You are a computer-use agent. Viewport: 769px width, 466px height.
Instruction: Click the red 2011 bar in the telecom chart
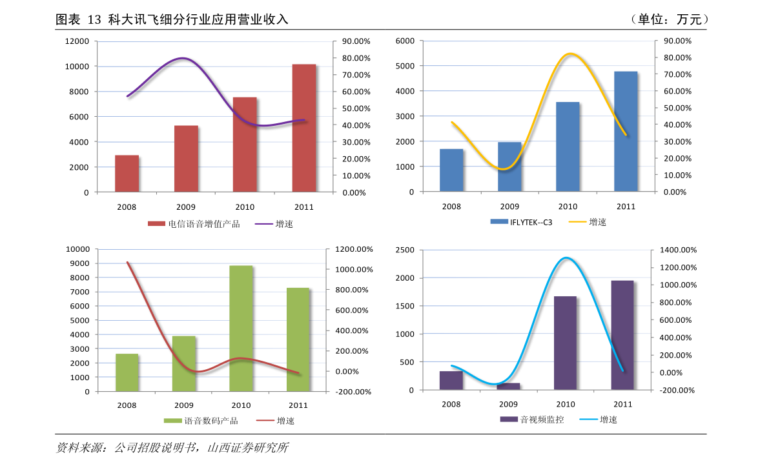(304, 128)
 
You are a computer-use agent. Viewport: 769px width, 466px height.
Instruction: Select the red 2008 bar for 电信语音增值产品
(127, 174)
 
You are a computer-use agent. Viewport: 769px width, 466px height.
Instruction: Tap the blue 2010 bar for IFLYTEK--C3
(568, 147)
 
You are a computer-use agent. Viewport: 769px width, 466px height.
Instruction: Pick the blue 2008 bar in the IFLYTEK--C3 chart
(451, 170)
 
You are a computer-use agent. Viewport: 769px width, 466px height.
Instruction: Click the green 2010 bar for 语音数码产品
(241, 329)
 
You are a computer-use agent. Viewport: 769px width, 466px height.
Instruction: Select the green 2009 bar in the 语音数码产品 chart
(184, 363)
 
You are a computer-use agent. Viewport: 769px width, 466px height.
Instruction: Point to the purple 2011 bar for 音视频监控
(622, 335)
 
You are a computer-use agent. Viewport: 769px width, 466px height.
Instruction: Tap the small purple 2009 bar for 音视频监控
(508, 387)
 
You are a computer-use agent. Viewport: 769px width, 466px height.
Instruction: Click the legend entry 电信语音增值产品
(194, 224)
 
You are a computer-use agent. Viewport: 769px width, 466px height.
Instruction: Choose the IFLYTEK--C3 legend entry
(521, 222)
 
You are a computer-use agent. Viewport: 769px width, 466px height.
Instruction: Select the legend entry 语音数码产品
(201, 421)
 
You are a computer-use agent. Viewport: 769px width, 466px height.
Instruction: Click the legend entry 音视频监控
(532, 420)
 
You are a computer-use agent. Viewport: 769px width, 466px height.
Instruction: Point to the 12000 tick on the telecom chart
(77, 41)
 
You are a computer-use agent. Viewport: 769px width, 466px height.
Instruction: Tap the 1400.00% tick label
(678, 250)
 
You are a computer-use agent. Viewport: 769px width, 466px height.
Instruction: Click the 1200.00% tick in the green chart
(354, 249)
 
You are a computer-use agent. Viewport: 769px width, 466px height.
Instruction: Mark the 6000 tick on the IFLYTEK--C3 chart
(405, 41)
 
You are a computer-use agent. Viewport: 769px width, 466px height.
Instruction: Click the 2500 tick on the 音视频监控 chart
(405, 250)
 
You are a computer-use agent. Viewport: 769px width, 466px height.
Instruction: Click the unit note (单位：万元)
(669, 19)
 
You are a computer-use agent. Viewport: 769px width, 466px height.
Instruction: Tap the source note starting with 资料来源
(172, 447)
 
